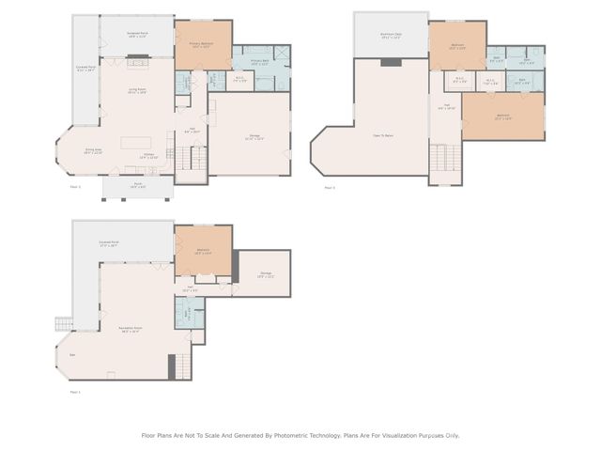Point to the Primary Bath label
pyautogui.click(x=258, y=62)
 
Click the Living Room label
pyautogui.click(x=137, y=91)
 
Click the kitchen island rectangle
pyautogui.click(x=136, y=144)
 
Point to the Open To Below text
pyautogui.click(x=382, y=135)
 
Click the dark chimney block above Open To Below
pyautogui.click(x=391, y=62)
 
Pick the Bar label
pyautogui.click(x=73, y=355)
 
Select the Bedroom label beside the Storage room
pyautogui.click(x=203, y=250)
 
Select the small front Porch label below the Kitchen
pyautogui.click(x=137, y=185)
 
